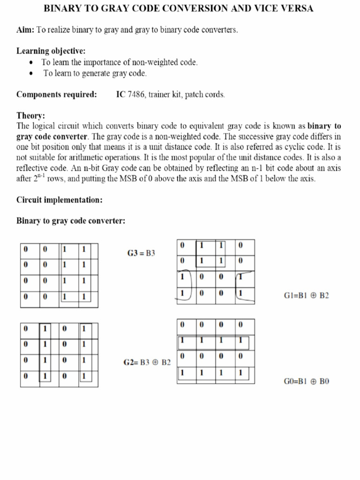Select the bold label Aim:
click(25, 30)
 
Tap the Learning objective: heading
click(51, 51)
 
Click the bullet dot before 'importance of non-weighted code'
click(31, 62)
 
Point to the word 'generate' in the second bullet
click(95, 73)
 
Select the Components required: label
click(57, 94)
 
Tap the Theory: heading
click(30, 115)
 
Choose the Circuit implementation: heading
click(60, 200)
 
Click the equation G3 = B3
click(141, 254)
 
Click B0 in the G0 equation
click(324, 381)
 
